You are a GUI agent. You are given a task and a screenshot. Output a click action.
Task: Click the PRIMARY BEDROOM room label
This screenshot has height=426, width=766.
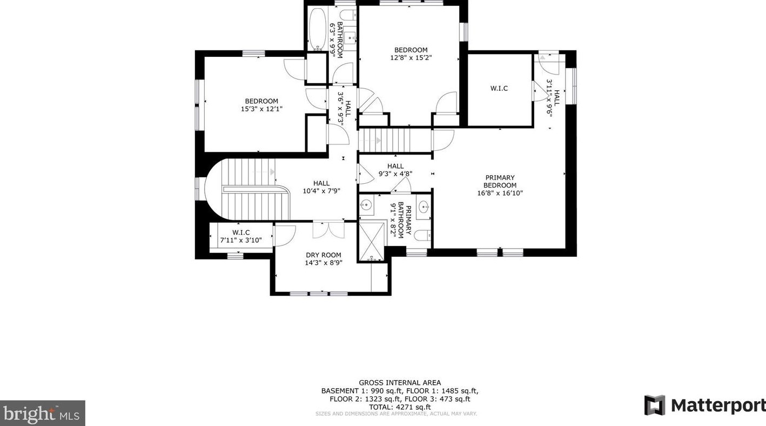pos(500,185)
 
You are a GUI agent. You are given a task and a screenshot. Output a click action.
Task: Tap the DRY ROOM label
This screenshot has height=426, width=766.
pos(324,255)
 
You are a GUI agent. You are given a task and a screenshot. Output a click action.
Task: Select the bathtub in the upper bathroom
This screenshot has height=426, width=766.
pos(318,29)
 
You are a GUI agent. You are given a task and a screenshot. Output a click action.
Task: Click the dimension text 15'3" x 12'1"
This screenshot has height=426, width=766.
pos(261,109)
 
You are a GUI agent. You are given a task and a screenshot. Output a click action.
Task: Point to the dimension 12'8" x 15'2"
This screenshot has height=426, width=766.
pos(411,58)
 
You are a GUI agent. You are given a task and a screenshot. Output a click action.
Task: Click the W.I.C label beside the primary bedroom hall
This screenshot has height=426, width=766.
pos(499,88)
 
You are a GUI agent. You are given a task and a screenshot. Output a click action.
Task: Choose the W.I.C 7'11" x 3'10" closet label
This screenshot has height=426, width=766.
pos(241,236)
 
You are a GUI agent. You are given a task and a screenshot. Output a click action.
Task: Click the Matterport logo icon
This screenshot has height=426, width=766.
pos(655,405)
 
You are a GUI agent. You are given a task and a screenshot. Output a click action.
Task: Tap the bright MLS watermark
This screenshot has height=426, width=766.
pos(42,414)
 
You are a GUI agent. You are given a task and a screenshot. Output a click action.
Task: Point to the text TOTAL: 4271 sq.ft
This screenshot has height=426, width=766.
pos(400,407)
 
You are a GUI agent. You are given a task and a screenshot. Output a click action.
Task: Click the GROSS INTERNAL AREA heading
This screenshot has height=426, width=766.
pos(400,383)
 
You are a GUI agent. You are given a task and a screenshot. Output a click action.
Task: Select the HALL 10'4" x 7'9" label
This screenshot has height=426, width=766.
pos(321,187)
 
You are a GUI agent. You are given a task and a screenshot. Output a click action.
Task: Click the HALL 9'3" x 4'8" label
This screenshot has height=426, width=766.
pos(395,170)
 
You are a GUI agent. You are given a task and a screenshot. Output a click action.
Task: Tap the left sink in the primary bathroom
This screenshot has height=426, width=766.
pos(365,205)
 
